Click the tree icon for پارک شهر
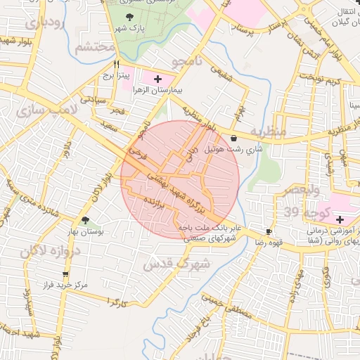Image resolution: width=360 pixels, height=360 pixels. (128, 17)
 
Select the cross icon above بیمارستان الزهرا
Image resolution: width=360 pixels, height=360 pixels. (157, 79)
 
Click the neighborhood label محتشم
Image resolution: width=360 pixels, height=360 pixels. (94, 48)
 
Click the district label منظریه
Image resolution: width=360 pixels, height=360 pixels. (269, 132)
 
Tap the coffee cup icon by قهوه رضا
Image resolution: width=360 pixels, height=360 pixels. (269, 231)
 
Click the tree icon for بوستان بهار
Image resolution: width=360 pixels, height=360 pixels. (85, 221)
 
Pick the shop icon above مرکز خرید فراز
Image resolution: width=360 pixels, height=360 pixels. (65, 275)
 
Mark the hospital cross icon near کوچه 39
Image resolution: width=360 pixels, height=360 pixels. (340, 220)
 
